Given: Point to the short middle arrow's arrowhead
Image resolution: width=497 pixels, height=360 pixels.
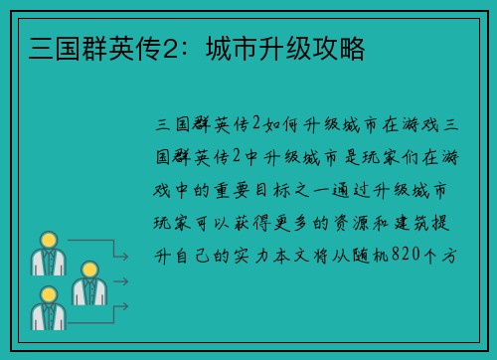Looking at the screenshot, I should click(125, 280).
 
